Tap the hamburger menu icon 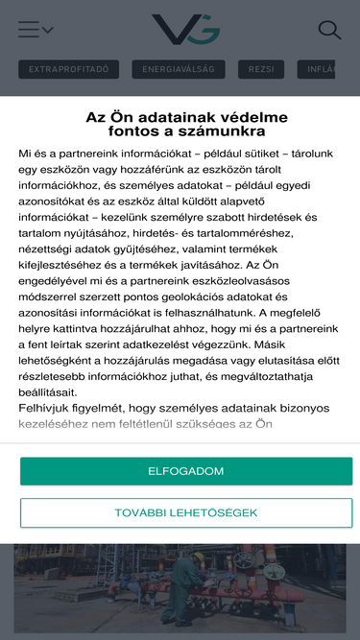point(29,30)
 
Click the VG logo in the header point(185,30)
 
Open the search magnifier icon point(329,30)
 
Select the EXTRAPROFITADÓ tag point(69,69)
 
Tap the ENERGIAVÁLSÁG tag point(179,69)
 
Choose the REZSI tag point(261,69)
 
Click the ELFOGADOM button point(186,471)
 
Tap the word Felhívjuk point(48,408)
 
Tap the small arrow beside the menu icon point(48,30)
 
